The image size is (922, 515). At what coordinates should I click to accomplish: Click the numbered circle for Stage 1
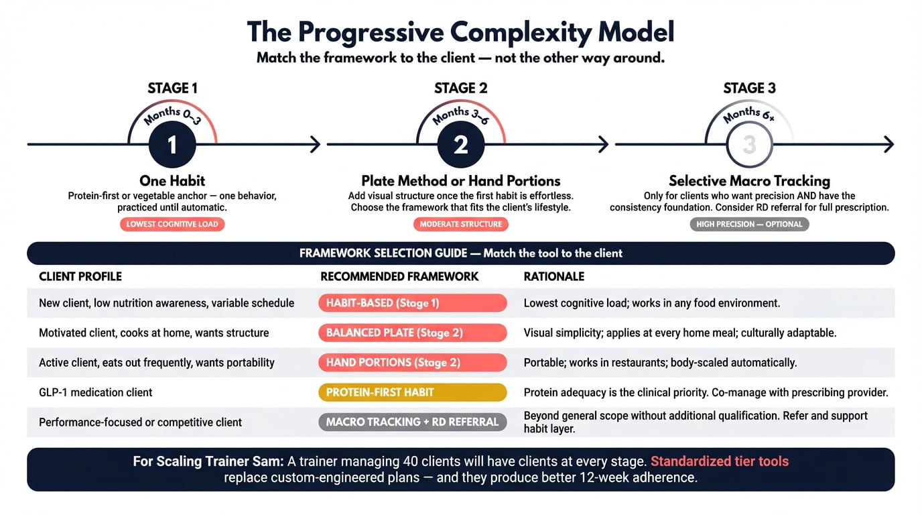point(172,144)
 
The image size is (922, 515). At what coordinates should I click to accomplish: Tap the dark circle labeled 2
point(460,144)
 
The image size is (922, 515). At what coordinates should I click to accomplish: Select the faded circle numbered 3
point(749,144)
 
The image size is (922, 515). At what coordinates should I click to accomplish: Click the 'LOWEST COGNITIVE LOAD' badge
point(172,224)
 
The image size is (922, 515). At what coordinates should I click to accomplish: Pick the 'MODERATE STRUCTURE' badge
point(460,224)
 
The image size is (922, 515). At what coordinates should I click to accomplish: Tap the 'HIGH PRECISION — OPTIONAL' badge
point(749,224)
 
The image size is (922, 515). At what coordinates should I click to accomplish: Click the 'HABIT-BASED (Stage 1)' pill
point(412,303)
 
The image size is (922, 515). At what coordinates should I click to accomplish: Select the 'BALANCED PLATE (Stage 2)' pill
point(412,333)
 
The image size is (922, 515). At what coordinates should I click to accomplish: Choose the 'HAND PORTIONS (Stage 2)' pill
point(412,362)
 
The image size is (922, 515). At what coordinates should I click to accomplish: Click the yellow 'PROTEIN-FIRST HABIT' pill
point(412,392)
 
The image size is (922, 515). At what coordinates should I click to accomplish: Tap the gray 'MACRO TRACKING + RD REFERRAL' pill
point(412,422)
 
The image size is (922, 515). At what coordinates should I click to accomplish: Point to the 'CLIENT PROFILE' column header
point(80,276)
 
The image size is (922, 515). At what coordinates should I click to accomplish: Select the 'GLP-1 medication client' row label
point(96,392)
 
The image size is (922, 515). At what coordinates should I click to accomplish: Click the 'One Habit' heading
point(172,180)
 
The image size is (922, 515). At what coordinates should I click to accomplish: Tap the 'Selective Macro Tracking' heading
point(749,180)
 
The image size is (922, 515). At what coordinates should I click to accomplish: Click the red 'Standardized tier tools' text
point(719,461)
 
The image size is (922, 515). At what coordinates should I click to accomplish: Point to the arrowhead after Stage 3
point(889,144)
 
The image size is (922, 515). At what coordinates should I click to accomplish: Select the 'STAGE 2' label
point(460,89)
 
